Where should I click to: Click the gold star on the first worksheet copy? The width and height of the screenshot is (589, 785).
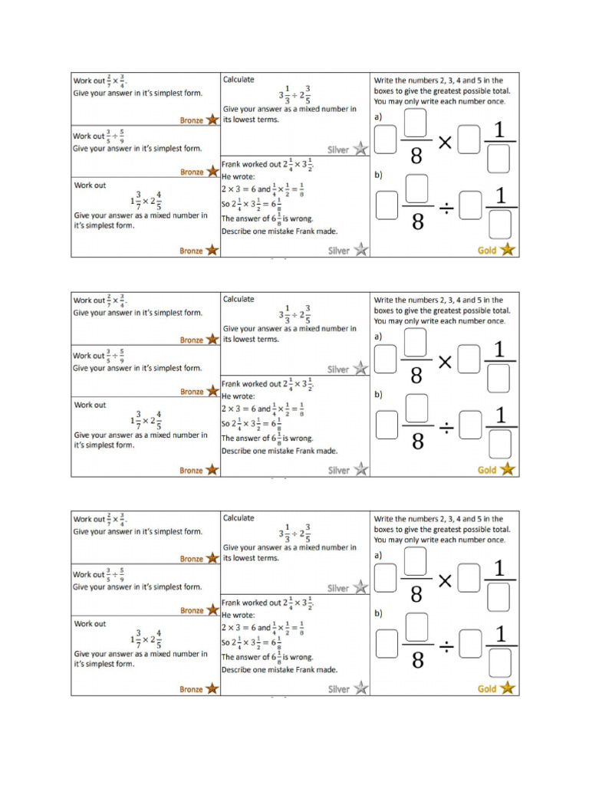(x=507, y=250)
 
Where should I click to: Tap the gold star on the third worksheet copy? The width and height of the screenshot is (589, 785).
(x=507, y=688)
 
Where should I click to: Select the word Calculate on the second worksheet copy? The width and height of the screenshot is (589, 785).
(x=239, y=299)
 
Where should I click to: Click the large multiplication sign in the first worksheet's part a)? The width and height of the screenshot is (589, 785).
(x=444, y=142)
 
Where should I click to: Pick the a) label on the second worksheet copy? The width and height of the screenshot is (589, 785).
(x=378, y=336)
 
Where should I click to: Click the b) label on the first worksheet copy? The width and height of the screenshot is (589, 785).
(x=378, y=176)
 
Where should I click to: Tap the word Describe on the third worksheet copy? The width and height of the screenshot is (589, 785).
(x=237, y=669)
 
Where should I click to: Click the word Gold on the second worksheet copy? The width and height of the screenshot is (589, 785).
(x=487, y=470)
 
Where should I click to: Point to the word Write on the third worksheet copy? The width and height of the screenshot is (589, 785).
(x=384, y=519)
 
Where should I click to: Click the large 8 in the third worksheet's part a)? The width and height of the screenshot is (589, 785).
(x=417, y=595)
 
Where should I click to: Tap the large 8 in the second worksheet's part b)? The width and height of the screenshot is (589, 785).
(x=417, y=441)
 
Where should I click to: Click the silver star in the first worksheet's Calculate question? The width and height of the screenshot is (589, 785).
(x=360, y=149)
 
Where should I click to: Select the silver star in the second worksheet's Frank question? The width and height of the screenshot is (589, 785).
(x=360, y=470)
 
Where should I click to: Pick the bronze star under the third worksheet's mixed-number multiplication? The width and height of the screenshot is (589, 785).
(x=212, y=689)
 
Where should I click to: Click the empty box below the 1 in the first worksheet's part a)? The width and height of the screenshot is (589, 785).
(x=499, y=158)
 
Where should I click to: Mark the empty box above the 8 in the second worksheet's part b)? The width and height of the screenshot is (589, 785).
(x=416, y=409)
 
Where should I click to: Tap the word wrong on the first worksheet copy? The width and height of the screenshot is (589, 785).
(x=301, y=218)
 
